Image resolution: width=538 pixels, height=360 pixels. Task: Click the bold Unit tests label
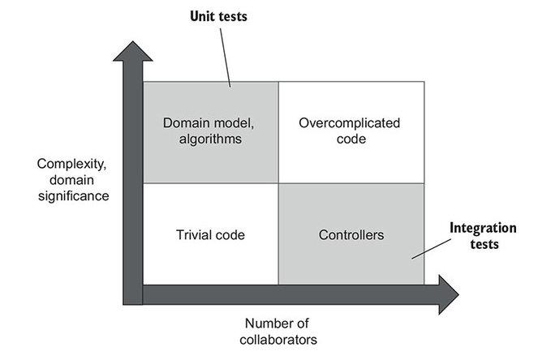[219, 16]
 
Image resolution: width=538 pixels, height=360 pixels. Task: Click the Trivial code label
[210, 235]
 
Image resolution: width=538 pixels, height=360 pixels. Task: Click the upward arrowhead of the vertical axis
[131, 54]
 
